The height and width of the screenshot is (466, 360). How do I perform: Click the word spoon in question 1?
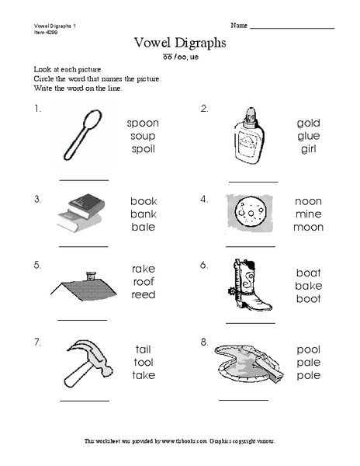pyautogui.click(x=143, y=123)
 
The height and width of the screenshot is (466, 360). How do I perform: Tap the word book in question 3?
pyautogui.click(x=143, y=201)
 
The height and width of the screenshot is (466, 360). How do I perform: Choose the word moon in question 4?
pyautogui.click(x=308, y=228)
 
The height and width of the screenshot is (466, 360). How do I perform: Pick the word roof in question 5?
pyautogui.click(x=143, y=282)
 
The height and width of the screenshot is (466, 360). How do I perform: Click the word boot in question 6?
pyautogui.click(x=308, y=300)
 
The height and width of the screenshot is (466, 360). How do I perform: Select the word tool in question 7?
pyautogui.click(x=143, y=362)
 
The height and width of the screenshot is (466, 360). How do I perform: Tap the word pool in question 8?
pyautogui.click(x=308, y=349)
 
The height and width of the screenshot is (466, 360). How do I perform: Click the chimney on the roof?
pyautogui.click(x=91, y=274)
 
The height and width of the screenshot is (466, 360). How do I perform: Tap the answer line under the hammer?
pyautogui.click(x=85, y=401)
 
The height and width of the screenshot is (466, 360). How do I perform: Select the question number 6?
pyautogui.click(x=204, y=265)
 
